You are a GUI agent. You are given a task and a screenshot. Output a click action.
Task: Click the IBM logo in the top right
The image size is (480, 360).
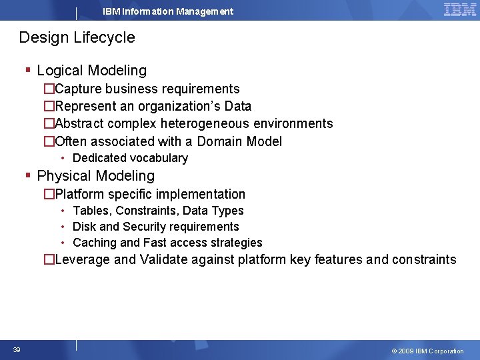pyautogui.click(x=459, y=9)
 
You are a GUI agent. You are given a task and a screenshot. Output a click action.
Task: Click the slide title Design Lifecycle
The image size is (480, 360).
pyautogui.click(x=77, y=37)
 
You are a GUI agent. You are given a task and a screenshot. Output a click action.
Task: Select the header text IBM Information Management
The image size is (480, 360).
pyautogui.click(x=168, y=11)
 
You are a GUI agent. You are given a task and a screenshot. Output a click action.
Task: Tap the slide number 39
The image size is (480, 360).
pyautogui.click(x=16, y=350)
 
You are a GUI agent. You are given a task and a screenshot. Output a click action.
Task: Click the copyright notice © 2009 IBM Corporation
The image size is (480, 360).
pyautogui.click(x=427, y=351)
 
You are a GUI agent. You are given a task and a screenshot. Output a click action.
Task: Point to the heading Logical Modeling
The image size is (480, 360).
pyautogui.click(x=91, y=71)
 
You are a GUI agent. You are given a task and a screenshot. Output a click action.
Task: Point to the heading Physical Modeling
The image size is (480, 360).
pyautogui.click(x=95, y=176)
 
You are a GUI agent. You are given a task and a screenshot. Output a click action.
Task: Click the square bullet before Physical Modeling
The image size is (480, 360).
pyautogui.click(x=27, y=176)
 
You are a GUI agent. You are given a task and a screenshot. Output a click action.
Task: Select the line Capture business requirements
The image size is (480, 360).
pyautogui.click(x=147, y=89)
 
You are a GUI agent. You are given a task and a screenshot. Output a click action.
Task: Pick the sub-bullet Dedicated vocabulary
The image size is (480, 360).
pyautogui.click(x=130, y=158)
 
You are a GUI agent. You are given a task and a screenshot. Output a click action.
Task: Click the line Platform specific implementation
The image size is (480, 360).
pyautogui.click(x=150, y=194)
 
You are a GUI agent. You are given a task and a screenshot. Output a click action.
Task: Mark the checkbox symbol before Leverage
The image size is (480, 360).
pyautogui.click(x=49, y=260)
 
